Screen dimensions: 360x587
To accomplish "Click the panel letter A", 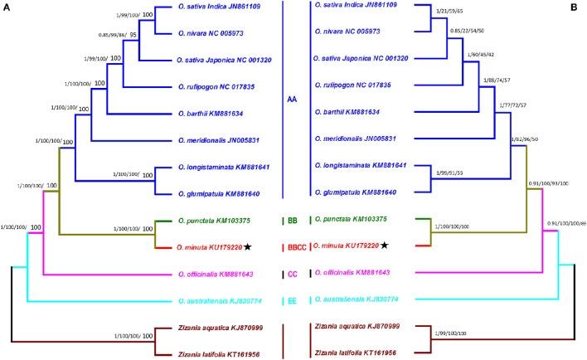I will [x=7, y=7].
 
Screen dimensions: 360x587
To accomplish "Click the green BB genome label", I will [x=293, y=221].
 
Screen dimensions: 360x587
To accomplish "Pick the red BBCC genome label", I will [x=295, y=247].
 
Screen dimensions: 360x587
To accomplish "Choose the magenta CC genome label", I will [x=293, y=273].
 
